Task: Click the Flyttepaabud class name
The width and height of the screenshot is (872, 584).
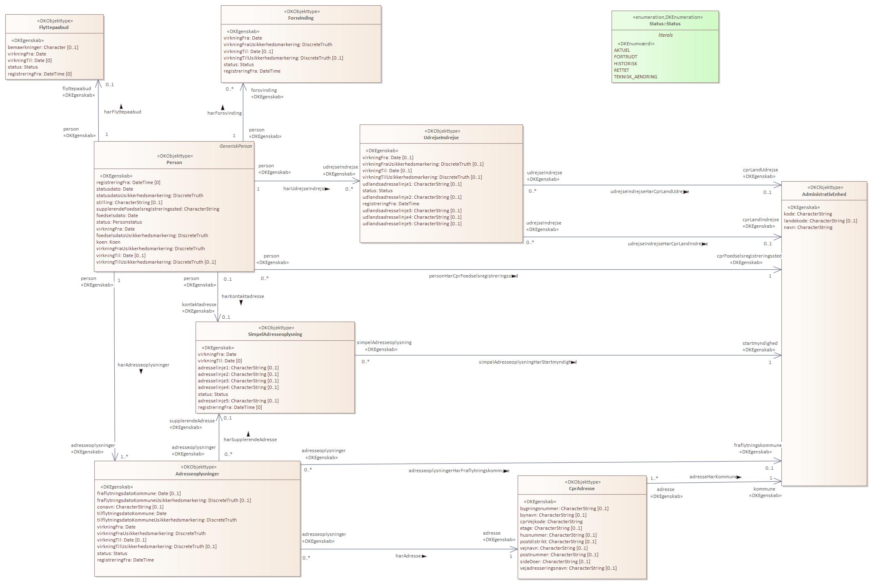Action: (x=54, y=27)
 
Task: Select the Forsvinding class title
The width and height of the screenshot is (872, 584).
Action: (x=301, y=18)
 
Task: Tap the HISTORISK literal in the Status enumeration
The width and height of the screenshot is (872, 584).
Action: (x=625, y=64)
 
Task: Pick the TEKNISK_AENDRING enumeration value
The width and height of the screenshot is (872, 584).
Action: (x=635, y=77)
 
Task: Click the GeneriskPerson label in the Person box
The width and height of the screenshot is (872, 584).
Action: (x=236, y=146)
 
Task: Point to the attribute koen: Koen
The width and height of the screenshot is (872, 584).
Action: (x=108, y=242)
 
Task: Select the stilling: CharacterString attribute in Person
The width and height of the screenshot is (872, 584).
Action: (x=129, y=202)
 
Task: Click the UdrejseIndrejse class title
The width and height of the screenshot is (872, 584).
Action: (x=441, y=138)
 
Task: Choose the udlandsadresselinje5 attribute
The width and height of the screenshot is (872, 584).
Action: (x=412, y=224)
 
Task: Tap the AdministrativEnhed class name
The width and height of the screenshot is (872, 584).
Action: (x=824, y=194)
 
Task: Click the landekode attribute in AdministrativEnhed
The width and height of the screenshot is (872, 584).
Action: (x=820, y=221)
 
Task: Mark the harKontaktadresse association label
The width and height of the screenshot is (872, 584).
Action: (x=242, y=296)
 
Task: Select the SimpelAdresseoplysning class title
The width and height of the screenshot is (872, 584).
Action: (x=275, y=334)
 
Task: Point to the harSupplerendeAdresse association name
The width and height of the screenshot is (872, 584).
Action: (x=250, y=440)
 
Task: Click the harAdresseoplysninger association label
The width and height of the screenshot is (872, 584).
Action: (x=143, y=365)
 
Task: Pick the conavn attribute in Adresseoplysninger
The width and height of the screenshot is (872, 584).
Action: (x=130, y=507)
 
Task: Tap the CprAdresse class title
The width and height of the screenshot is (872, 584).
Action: (x=581, y=489)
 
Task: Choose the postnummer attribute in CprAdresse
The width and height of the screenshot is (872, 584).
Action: (x=559, y=555)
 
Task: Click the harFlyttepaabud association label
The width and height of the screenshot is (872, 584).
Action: (x=122, y=112)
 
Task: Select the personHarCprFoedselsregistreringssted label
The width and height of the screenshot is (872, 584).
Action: (x=473, y=276)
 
